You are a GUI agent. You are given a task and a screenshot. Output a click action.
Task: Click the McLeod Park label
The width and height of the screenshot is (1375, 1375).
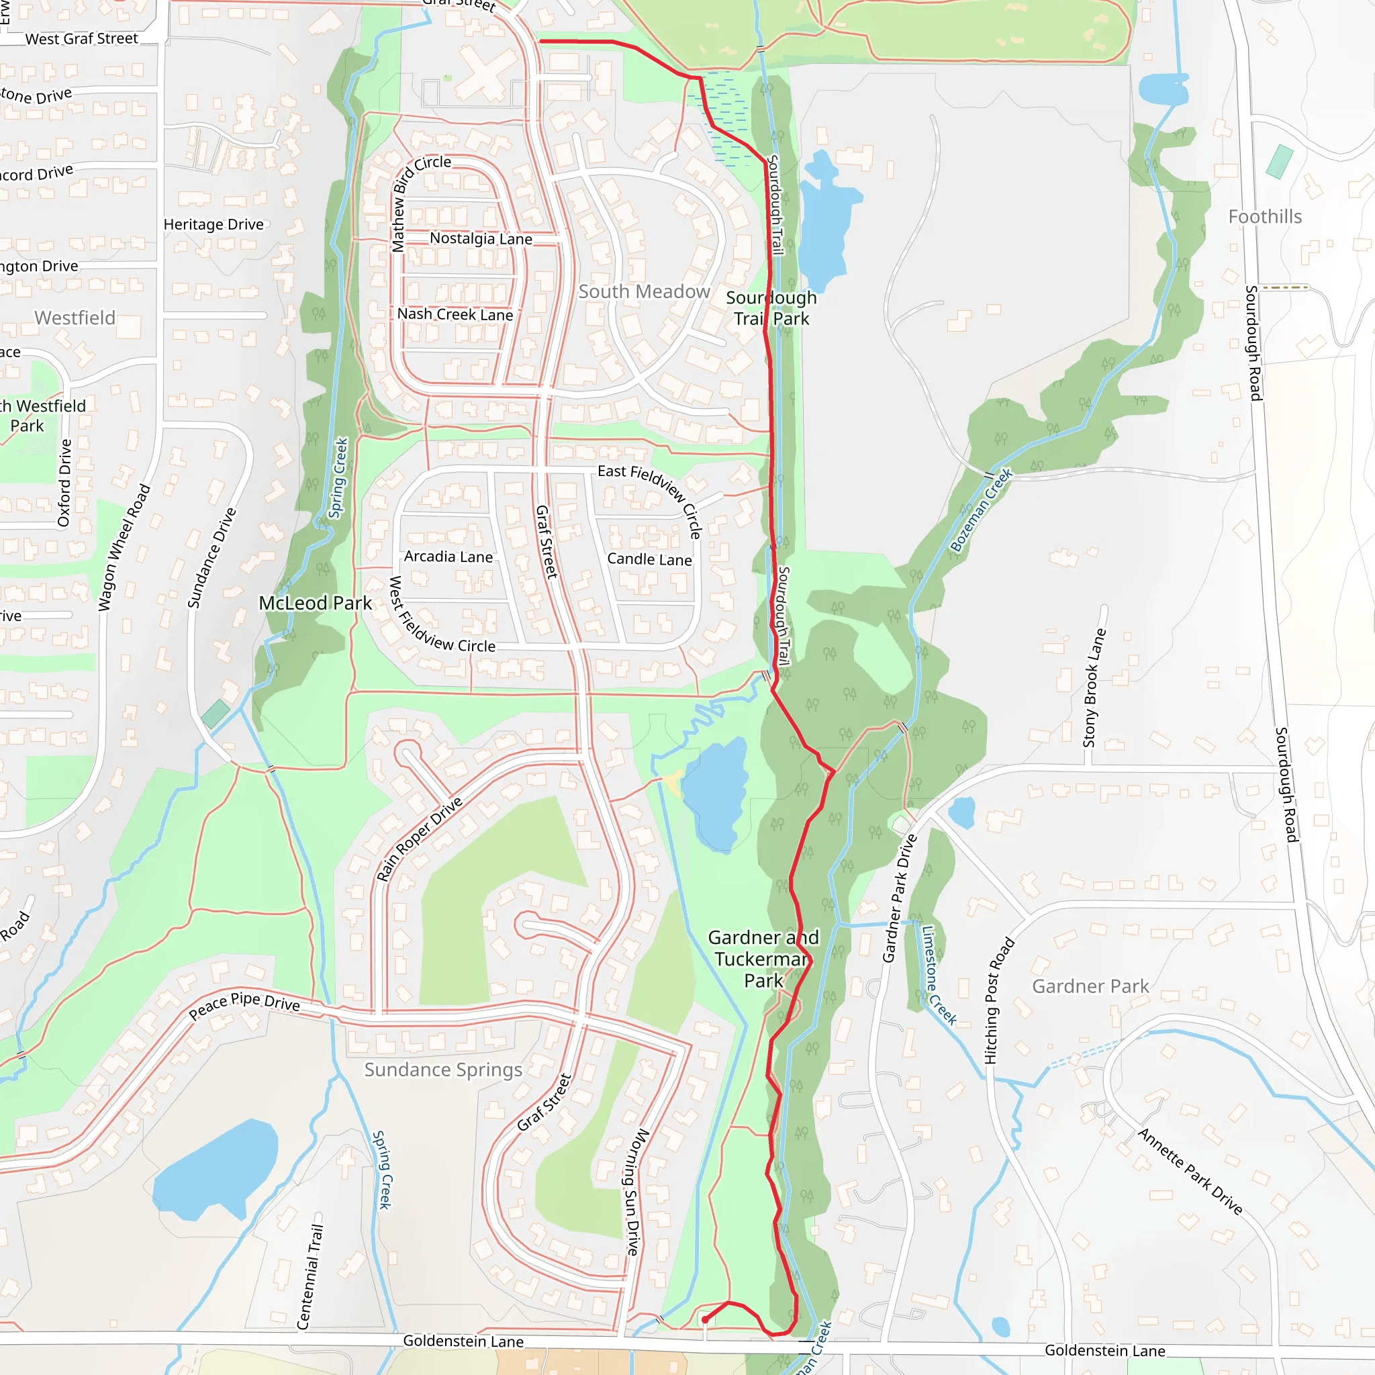click(315, 604)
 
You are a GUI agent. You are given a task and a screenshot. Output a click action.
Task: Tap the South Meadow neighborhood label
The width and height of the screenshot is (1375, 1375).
click(643, 292)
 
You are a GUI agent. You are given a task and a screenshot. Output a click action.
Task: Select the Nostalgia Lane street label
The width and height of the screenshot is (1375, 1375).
click(481, 238)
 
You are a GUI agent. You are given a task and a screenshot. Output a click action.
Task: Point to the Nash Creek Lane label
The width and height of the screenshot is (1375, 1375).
click(455, 315)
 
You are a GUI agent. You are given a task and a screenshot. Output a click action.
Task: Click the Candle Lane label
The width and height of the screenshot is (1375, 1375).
click(649, 559)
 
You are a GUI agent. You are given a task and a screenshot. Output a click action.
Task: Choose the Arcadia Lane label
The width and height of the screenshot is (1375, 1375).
click(448, 557)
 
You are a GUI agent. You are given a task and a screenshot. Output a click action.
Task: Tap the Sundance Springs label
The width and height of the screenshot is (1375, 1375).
click(442, 1070)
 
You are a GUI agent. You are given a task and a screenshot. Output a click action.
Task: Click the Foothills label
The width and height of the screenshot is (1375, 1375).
click(1265, 217)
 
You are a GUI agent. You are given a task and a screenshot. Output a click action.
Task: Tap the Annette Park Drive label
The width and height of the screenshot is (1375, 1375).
click(1189, 1172)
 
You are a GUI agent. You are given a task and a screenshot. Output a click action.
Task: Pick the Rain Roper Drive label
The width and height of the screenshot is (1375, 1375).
click(419, 839)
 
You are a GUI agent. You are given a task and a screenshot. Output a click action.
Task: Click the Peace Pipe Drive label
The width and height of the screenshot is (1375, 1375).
click(244, 1004)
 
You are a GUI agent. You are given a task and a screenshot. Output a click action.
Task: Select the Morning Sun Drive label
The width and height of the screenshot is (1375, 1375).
click(637, 1192)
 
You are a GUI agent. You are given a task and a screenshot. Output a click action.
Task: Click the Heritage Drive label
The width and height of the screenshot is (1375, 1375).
click(214, 225)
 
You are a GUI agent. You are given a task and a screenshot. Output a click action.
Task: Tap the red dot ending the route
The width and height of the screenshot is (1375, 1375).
click(704, 1320)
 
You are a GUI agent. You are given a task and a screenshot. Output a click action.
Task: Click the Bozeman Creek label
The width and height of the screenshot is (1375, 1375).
click(981, 510)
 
